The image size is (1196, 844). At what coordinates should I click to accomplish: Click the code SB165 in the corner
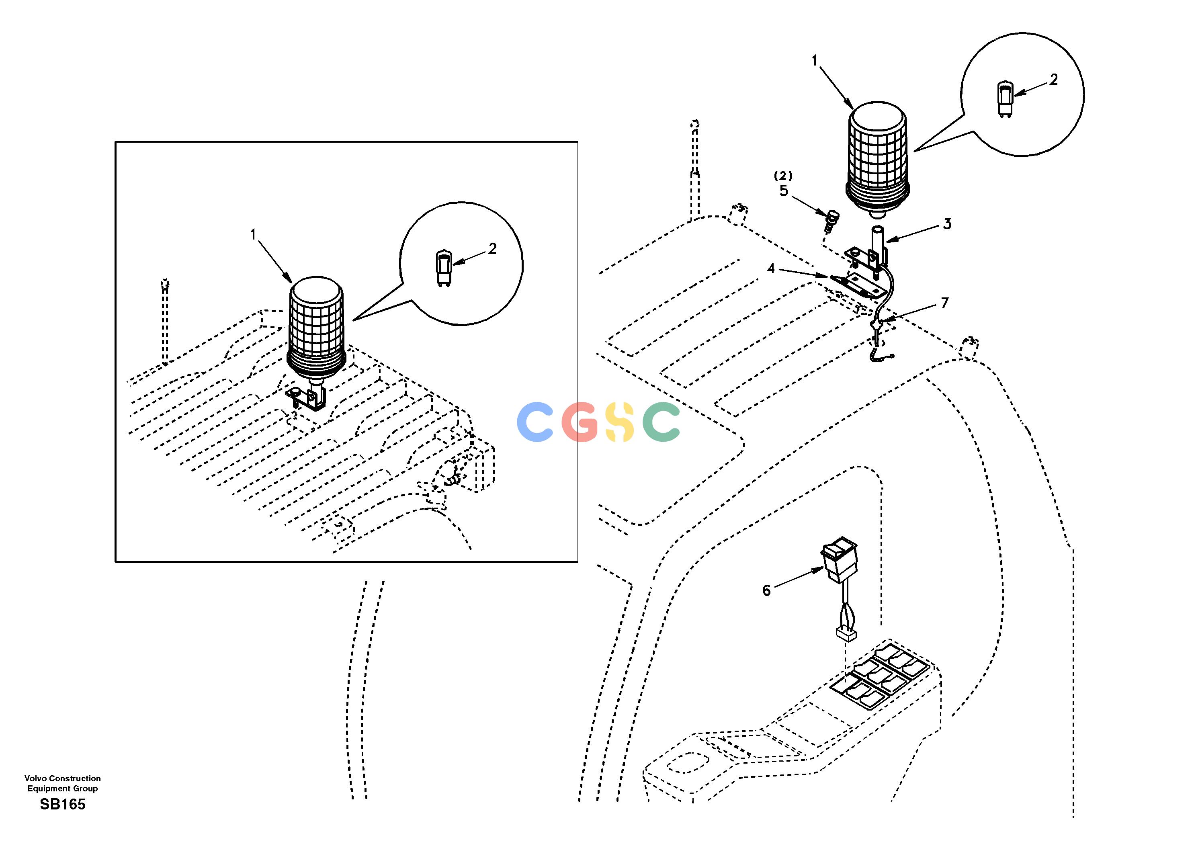click(63, 804)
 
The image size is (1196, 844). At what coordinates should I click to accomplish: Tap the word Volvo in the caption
click(35, 778)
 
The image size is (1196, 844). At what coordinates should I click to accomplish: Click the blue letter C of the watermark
click(535, 422)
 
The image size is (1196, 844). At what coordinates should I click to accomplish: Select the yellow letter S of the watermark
click(620, 422)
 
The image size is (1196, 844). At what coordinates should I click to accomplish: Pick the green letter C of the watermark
click(661, 422)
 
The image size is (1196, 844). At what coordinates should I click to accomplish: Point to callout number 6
click(766, 590)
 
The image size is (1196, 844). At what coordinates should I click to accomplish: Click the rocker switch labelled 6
click(838, 562)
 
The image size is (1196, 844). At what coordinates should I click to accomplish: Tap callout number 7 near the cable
click(944, 303)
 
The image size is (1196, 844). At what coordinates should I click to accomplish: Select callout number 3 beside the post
click(946, 223)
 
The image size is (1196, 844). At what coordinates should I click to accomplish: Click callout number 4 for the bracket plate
click(771, 269)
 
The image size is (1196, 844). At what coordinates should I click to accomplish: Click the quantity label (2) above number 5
click(783, 176)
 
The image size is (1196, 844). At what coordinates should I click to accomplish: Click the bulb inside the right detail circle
click(1003, 99)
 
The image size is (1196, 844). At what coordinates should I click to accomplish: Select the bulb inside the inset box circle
click(443, 268)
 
